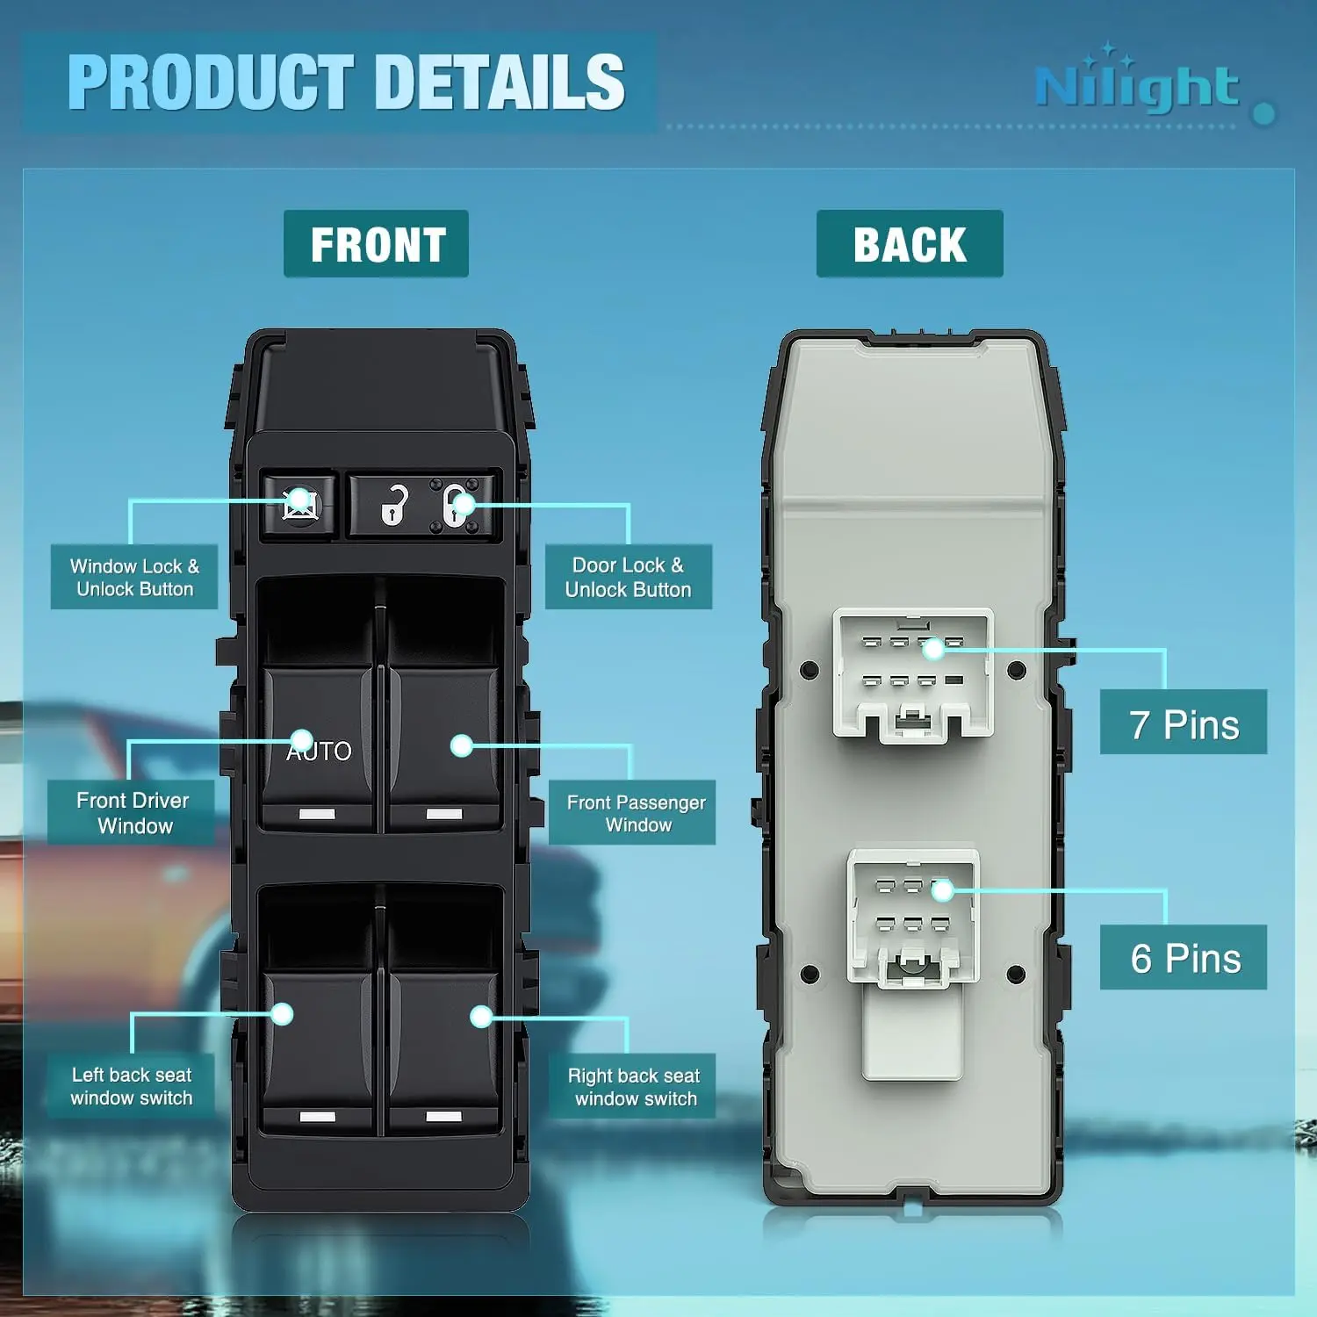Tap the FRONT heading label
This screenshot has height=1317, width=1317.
[376, 244]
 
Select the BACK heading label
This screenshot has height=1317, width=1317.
[910, 244]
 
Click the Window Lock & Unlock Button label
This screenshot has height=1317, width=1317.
[134, 577]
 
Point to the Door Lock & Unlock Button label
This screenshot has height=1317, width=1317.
[629, 577]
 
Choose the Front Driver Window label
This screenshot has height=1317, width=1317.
[132, 812]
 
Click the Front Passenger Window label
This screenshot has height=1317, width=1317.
[632, 812]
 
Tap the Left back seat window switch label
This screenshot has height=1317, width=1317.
[132, 1086]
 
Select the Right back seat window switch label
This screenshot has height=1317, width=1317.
[632, 1086]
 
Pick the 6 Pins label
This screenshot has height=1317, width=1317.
[1184, 957]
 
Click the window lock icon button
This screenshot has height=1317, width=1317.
[299, 505]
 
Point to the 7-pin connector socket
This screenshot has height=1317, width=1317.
[913, 674]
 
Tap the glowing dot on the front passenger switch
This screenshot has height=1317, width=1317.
[461, 745]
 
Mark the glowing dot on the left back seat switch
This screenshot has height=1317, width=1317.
[282, 1014]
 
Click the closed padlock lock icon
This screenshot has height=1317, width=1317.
[456, 505]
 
